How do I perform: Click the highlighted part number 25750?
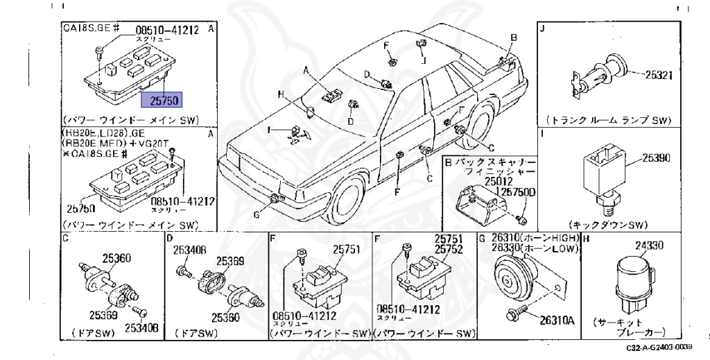161,101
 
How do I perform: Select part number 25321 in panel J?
655,75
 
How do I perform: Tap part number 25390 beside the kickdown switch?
655,158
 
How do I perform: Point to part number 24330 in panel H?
650,245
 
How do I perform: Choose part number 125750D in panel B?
514,191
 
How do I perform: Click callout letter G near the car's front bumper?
256,215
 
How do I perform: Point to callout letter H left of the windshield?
282,94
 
